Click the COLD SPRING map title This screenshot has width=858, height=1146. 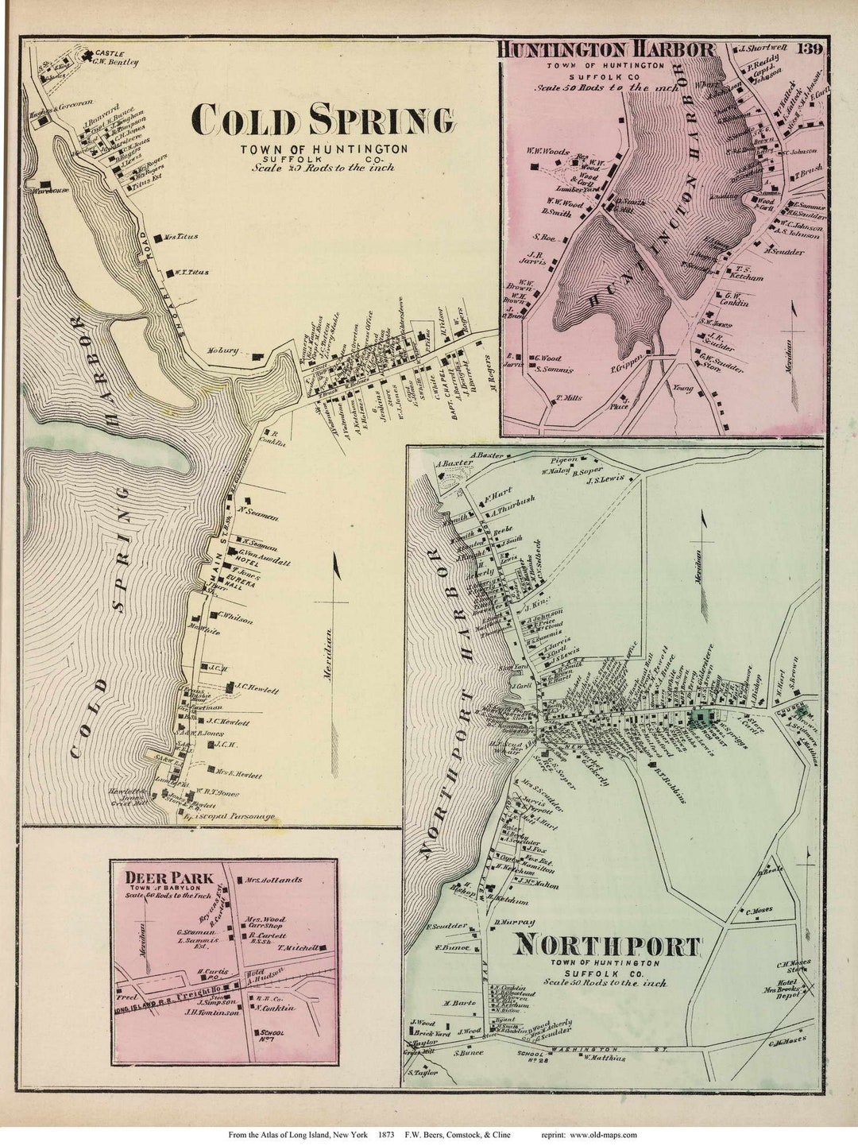[x=323, y=121]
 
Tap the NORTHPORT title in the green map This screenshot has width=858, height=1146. [x=608, y=946]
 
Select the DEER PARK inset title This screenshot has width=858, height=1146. [x=170, y=878]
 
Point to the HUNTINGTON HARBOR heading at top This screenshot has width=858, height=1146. [x=606, y=49]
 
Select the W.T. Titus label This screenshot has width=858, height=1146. [x=189, y=272]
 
